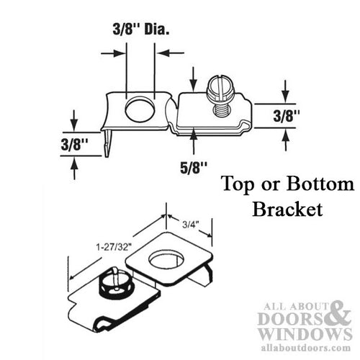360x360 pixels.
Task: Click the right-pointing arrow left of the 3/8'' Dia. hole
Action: pyautogui.click(x=110, y=53)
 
